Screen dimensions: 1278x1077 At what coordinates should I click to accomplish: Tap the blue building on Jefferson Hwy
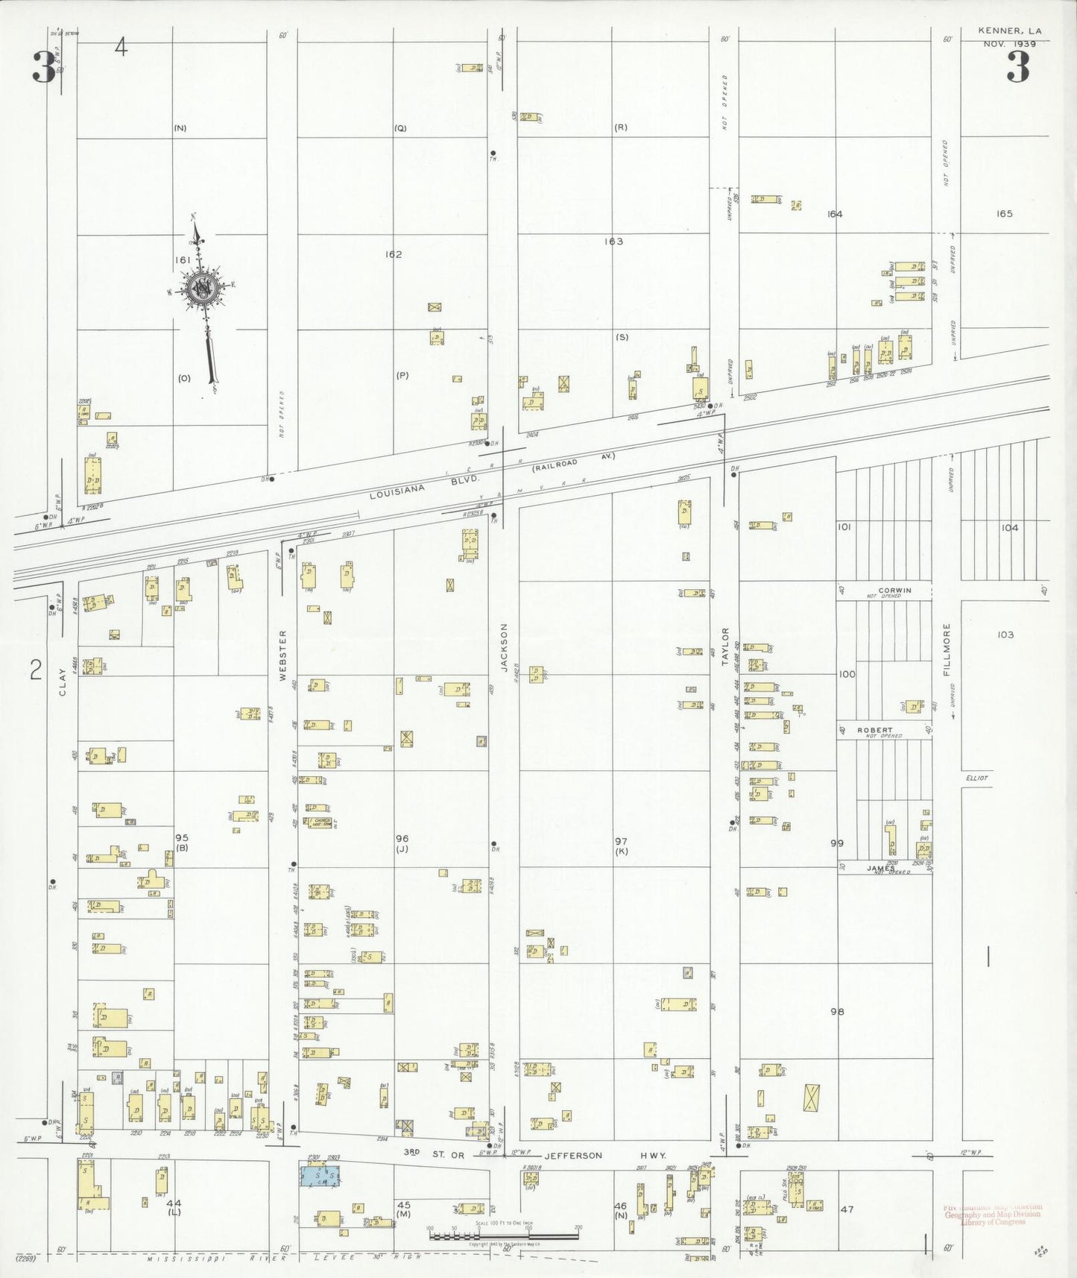tap(321, 1176)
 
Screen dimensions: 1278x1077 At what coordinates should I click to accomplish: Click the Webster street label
tap(282, 655)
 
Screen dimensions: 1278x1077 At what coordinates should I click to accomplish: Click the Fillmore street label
tap(947, 649)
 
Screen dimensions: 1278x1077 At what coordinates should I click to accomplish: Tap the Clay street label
tap(63, 682)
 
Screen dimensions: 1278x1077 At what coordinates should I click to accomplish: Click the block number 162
tap(394, 254)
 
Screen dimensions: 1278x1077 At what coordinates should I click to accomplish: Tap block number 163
tap(613, 242)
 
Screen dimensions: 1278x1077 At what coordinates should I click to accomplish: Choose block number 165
tap(1004, 214)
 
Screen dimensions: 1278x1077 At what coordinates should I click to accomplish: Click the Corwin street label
tap(894, 590)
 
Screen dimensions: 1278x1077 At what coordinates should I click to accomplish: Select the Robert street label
tap(874, 730)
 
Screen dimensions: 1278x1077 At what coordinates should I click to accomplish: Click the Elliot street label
tap(976, 778)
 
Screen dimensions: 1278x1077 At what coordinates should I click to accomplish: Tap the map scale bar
tap(503, 1235)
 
